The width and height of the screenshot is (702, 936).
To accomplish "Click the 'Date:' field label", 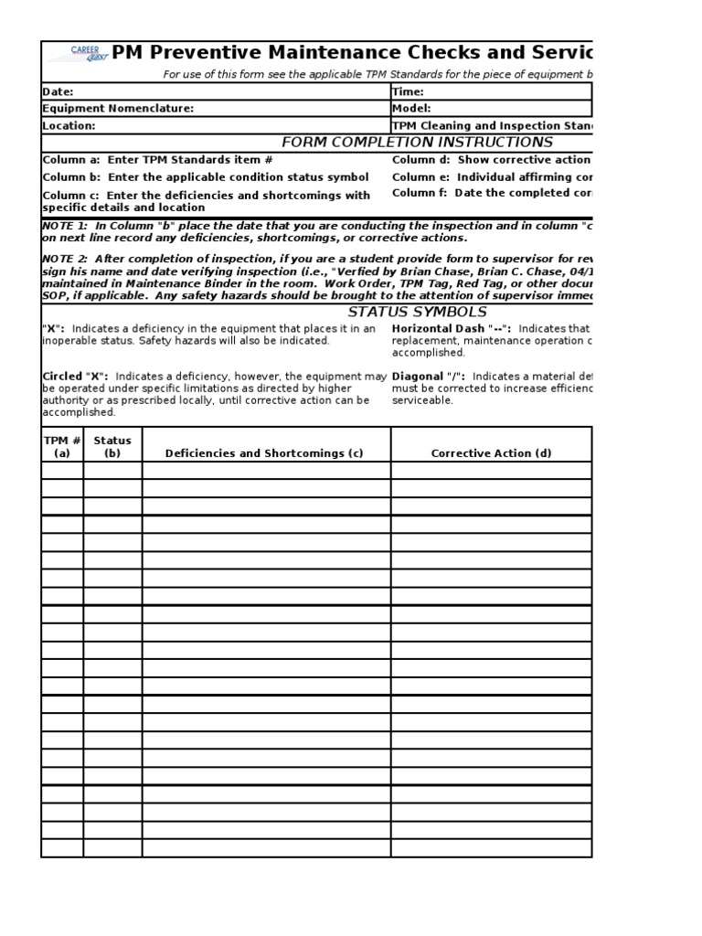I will coord(58,91).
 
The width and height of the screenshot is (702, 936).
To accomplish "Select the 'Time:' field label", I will coord(408,91).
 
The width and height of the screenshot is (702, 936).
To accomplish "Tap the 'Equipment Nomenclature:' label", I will coord(118,109).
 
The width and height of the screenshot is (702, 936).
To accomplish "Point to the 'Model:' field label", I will coord(411,109).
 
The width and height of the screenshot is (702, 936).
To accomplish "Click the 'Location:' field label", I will coord(69,126).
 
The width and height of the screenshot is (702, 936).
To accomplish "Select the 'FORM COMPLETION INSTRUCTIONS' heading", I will coord(417,143).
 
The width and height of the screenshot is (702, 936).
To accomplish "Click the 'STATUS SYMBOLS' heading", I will coord(418,312).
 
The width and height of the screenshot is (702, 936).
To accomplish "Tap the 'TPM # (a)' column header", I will coord(62,446).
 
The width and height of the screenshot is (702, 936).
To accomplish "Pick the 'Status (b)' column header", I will coord(112,446).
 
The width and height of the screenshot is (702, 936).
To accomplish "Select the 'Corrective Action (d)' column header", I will coord(491,453).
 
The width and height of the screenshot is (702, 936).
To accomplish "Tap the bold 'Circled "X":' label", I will coord(76,377).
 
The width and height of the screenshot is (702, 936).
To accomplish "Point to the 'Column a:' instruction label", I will coord(71,160).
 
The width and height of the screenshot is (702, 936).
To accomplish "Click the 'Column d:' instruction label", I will coord(421,160).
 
